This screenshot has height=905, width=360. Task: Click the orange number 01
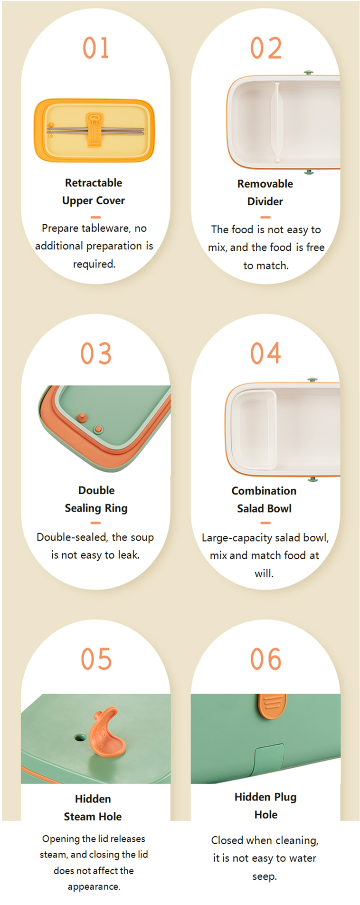(96, 48)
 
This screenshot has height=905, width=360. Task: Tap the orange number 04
(266, 353)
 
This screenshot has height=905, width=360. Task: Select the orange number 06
(266, 659)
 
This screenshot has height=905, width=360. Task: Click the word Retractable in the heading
(94, 183)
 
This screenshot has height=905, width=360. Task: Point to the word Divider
(265, 201)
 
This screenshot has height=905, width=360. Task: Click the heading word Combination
(264, 491)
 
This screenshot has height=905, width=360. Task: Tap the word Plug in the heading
(285, 797)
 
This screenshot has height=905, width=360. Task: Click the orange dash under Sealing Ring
(96, 523)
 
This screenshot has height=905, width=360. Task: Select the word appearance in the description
(94, 886)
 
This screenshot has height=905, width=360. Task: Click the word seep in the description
(264, 876)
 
